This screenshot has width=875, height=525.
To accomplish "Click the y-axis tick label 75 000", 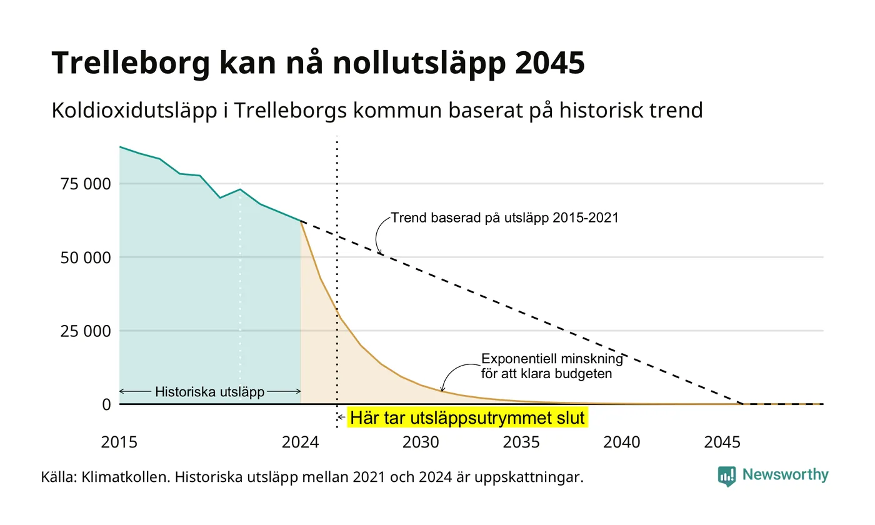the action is tap(86, 184).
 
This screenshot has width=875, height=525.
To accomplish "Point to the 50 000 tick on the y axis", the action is tap(86, 257).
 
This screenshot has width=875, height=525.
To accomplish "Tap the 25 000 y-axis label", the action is tap(86, 331).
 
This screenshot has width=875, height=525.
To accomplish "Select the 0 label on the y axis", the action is tap(107, 405).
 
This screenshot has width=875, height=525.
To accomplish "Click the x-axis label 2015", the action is tap(119, 442).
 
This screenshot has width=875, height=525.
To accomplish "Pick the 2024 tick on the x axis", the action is tap(301, 442).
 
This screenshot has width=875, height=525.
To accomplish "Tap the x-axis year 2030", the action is tap(421, 442).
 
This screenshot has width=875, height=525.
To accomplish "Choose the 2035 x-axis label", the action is tap(521, 442).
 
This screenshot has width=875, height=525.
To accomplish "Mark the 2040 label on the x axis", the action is tap(622, 442).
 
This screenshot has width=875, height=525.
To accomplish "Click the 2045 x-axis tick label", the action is tap(722, 442).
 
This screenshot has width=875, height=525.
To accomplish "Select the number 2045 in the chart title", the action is tap(550, 62).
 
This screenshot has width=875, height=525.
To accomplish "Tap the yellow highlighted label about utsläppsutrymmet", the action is tap(467, 417).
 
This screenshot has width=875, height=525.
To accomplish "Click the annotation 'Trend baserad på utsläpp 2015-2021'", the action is tap(505, 217).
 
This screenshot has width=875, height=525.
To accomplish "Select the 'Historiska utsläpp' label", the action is tap(210, 392).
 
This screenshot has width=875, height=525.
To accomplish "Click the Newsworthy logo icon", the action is tap(726, 476).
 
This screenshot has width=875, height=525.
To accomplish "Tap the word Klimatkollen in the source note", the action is tap(125, 477).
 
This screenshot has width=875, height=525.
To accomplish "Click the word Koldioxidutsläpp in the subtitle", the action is tap(134, 111).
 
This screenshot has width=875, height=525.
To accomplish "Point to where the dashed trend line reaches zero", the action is tap(742, 404).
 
